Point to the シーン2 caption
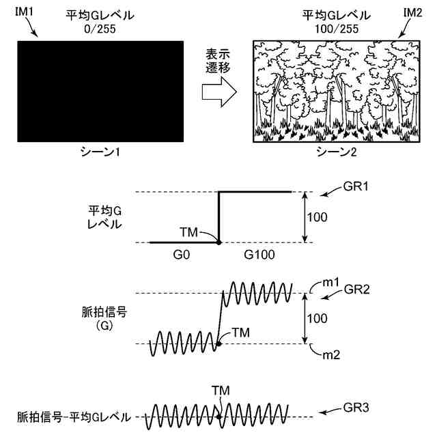tap(335, 152)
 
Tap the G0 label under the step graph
tap(182, 255)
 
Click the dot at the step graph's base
tap(218, 242)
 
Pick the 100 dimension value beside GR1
tap(318, 218)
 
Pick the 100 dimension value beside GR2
tap(318, 318)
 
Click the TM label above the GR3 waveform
tap(220, 389)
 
